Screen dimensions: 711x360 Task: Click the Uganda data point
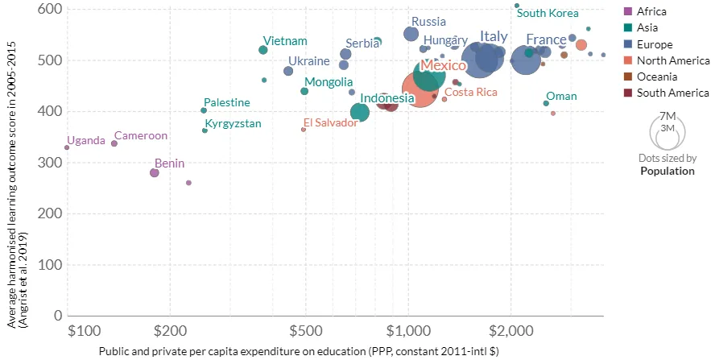point(67,147)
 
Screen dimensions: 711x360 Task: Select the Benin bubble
point(154,172)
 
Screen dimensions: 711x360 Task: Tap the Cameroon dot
point(114,143)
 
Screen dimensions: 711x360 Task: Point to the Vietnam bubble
point(263,50)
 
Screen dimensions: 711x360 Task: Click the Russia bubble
point(411,34)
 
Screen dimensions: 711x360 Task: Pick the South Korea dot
point(516,6)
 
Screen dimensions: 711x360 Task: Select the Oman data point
point(546,103)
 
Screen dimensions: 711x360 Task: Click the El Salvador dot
point(304,130)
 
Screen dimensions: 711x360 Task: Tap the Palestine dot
point(204,110)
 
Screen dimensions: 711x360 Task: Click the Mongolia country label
point(329,82)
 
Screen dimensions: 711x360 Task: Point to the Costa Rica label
point(471,92)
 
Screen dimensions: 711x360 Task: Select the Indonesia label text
point(387,98)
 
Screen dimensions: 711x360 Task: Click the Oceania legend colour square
point(628,77)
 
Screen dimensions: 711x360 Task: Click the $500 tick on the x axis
point(306,331)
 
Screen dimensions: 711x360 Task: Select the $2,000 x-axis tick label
point(511,331)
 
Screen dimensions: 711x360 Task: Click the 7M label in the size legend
point(668,117)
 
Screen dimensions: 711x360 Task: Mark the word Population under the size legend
point(668,171)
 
